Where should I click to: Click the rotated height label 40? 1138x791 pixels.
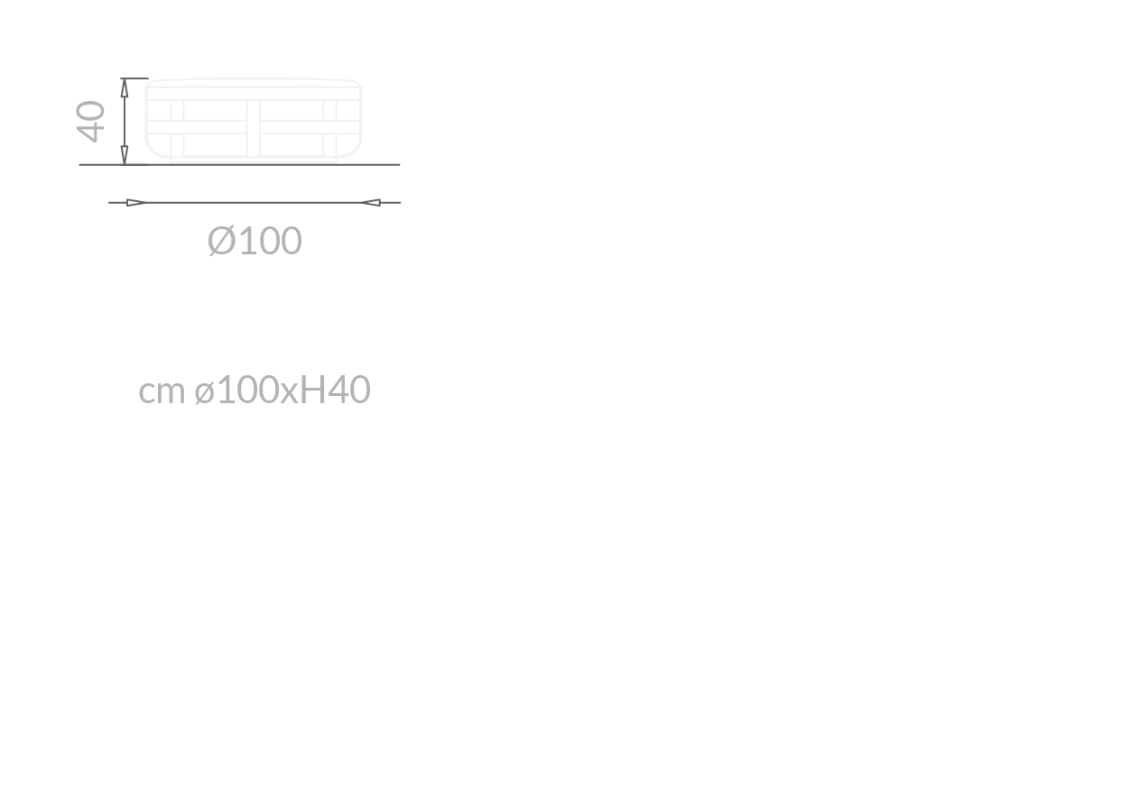click(x=90, y=122)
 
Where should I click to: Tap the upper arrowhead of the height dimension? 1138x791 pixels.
click(x=125, y=87)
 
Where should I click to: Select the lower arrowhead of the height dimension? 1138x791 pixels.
click(x=125, y=155)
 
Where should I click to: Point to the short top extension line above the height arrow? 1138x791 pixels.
click(x=134, y=78)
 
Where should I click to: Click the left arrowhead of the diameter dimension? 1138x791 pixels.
click(x=136, y=203)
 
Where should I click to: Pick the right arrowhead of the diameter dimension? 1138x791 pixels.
click(x=370, y=203)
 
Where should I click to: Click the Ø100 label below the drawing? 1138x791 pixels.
click(x=254, y=241)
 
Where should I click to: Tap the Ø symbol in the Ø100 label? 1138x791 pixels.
click(x=221, y=241)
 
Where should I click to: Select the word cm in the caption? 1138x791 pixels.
click(x=162, y=391)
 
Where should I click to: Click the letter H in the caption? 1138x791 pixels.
click(x=312, y=390)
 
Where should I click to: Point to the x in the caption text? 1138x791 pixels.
click(x=289, y=393)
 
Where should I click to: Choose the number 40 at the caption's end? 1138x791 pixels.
click(x=349, y=390)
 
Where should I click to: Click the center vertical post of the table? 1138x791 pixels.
click(x=254, y=128)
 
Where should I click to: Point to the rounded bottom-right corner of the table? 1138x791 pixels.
click(x=356, y=149)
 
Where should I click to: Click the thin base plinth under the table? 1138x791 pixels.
click(x=254, y=161)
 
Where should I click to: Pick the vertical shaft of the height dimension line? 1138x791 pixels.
click(x=125, y=122)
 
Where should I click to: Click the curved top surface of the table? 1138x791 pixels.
click(x=254, y=79)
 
